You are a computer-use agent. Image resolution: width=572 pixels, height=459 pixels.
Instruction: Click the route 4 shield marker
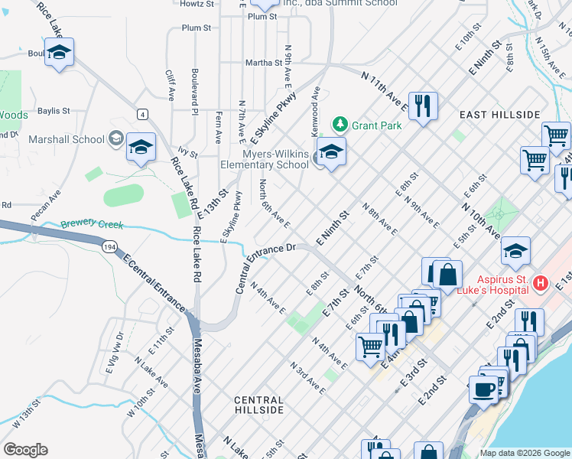click(142, 114)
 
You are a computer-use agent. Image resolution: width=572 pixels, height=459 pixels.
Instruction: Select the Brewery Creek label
click(93, 226)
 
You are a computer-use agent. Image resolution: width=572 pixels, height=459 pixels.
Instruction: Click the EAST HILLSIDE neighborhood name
click(499, 115)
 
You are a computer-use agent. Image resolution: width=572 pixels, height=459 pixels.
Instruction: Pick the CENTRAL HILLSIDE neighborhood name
click(258, 405)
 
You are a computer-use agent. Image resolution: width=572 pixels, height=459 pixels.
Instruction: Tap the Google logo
click(25, 450)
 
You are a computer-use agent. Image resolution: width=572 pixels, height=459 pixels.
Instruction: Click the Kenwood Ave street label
click(315, 108)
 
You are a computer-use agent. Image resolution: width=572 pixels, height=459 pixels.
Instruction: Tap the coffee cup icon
click(483, 389)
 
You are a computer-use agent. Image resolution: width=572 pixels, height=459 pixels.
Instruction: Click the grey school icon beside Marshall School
click(116, 138)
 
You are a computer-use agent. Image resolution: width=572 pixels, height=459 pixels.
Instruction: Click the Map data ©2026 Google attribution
click(524, 453)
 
